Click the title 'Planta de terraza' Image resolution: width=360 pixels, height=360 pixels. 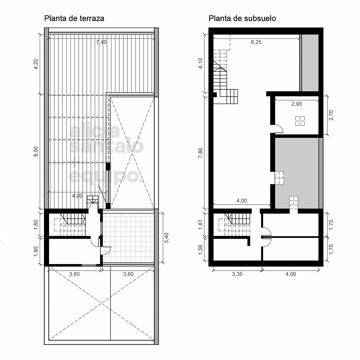click(74, 18)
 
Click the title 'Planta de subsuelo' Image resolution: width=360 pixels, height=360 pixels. click(242, 18)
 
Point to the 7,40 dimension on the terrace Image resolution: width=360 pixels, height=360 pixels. click(101, 42)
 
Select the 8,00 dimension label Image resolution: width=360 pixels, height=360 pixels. click(36, 152)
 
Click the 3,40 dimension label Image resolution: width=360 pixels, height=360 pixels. click(167, 238)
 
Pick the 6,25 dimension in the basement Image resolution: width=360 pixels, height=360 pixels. click(256, 42)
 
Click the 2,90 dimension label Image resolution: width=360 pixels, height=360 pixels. click(297, 104)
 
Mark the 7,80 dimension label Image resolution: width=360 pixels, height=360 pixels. click(200, 153)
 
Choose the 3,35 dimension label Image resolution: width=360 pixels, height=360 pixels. click(237, 274)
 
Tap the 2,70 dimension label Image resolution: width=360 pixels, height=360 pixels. click(331, 115)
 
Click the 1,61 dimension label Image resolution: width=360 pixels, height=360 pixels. click(200, 225)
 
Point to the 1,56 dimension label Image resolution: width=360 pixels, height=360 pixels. click(200, 250)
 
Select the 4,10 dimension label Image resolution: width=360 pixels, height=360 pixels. click(200, 63)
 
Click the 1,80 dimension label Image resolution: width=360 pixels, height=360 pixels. click(36, 252)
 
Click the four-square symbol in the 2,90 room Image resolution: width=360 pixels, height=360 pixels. click(300, 121)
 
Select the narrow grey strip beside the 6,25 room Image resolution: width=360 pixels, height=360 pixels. click(310, 63)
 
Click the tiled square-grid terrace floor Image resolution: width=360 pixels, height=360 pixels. click(128, 238)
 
